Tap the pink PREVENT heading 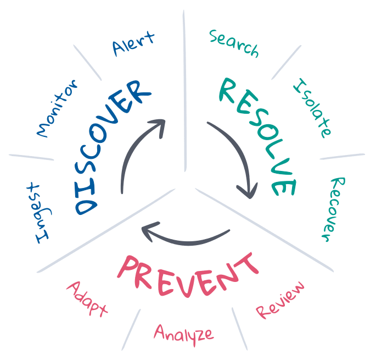(x=188, y=276)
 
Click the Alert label (x=133, y=44)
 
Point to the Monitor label (x=57, y=109)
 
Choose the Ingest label (x=41, y=213)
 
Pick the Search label (x=234, y=44)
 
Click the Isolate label (x=312, y=108)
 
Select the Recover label (x=334, y=209)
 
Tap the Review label (x=280, y=300)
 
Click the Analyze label (x=184, y=334)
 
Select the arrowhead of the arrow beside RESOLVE (x=248, y=191)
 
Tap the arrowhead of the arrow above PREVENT (x=150, y=230)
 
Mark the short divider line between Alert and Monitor (x=87, y=63)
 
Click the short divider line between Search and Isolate (x=286, y=62)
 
